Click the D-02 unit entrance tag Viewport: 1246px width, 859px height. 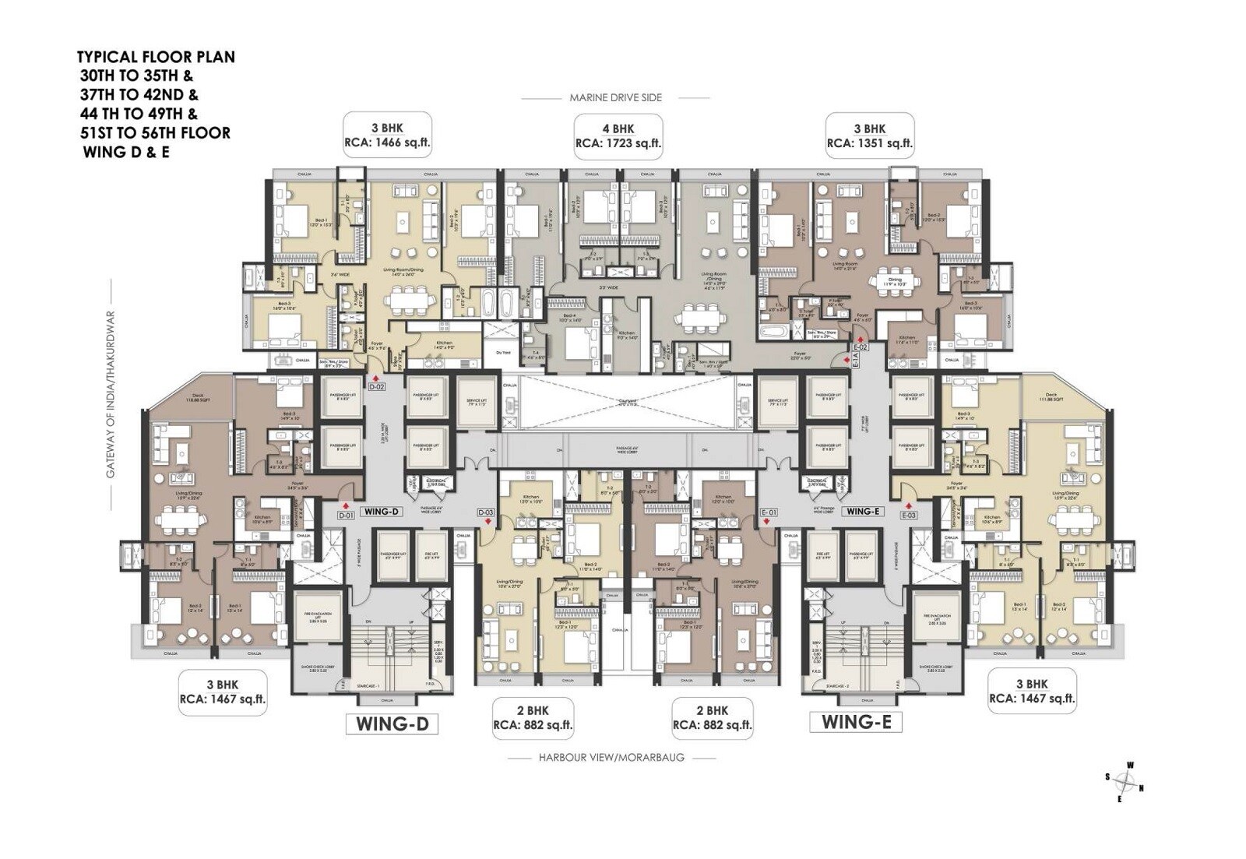[x=377, y=386]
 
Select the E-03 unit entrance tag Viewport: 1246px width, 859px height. [x=909, y=515]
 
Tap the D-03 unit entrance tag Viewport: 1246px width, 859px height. [x=485, y=512]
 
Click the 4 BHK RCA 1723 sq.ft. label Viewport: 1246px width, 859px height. [x=618, y=136]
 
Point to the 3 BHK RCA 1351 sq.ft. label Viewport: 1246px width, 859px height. [x=869, y=136]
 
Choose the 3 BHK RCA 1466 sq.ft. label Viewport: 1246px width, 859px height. [x=387, y=136]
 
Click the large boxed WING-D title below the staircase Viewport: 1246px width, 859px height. [x=392, y=723]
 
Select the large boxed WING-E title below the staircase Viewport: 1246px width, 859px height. [x=856, y=722]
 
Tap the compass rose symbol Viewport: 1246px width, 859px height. [x=1125, y=782]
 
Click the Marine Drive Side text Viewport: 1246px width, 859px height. [x=615, y=97]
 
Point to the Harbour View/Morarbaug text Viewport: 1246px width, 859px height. [x=611, y=757]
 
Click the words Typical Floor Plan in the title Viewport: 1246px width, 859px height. [x=156, y=57]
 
